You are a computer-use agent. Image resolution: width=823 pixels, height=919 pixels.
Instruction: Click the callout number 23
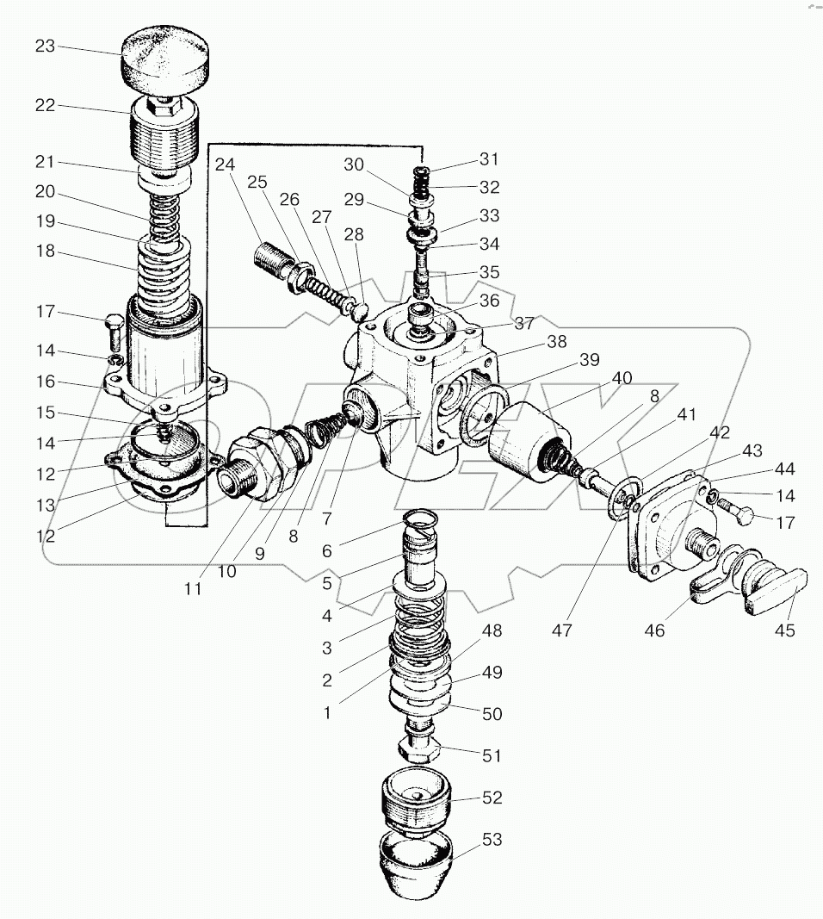[45, 46]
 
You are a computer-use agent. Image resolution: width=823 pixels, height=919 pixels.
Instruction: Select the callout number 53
[492, 839]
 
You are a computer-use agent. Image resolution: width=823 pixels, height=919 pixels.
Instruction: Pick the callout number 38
[556, 341]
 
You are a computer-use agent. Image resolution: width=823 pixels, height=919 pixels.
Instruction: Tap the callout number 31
[489, 158]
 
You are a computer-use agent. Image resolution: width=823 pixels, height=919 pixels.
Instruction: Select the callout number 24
[225, 165]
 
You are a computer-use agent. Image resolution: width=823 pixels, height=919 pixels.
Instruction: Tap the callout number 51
[492, 755]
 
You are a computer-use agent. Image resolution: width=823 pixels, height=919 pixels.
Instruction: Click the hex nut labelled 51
[418, 748]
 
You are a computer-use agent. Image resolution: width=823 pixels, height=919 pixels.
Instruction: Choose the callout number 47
[562, 630]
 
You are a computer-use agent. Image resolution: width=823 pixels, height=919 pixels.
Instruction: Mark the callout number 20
[45, 192]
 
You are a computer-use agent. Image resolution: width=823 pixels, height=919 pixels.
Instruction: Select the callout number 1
[327, 712]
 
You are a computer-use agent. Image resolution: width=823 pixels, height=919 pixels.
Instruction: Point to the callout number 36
[490, 300]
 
